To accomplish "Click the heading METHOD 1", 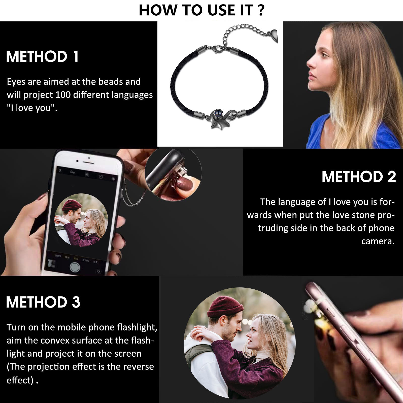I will click(42, 57).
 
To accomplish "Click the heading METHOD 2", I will click(359, 177).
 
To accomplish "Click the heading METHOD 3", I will click(43, 302).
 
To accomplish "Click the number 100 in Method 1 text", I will click(63, 95).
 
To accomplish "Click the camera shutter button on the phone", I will click(75, 267).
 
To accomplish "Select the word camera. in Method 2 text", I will click(378, 241).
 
